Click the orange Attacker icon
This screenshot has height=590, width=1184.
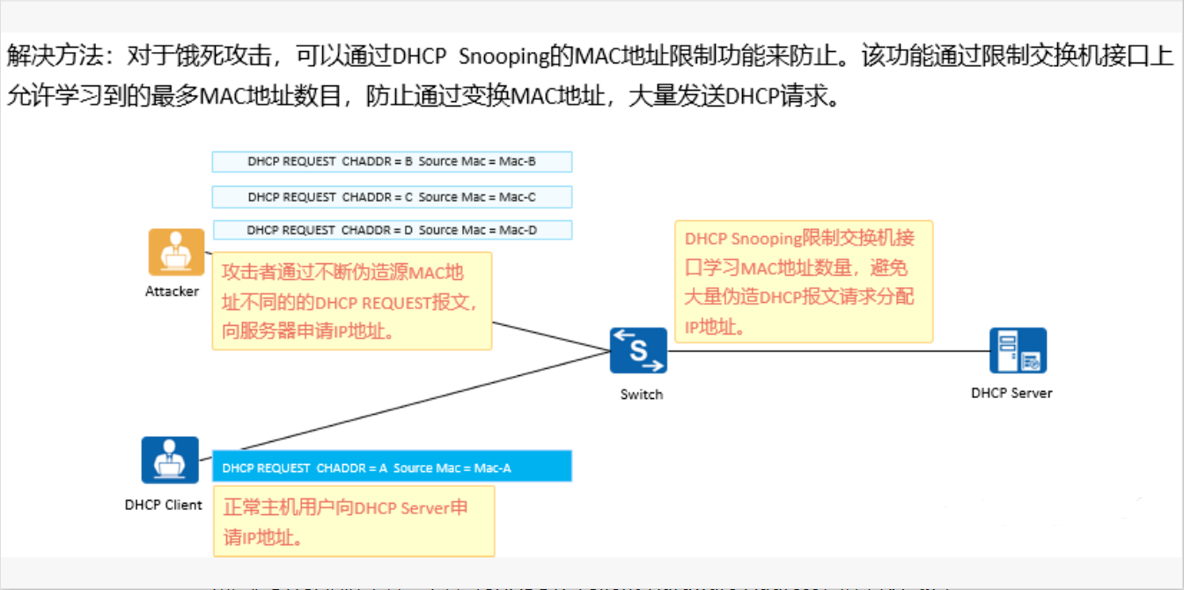coord(175,252)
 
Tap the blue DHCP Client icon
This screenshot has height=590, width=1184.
coord(170,460)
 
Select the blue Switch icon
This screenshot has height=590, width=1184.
coord(638,350)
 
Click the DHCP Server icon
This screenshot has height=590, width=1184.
coord(1018,350)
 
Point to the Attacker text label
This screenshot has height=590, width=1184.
coord(172,291)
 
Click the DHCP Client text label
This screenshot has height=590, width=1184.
coord(164,505)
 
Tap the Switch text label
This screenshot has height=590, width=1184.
coord(641,395)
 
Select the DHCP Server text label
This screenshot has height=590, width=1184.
coord(1011,393)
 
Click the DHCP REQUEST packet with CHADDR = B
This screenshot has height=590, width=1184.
coord(392,162)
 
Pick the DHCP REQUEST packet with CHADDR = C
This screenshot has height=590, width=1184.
coord(392,197)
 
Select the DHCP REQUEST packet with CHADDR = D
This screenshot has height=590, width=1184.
coord(392,230)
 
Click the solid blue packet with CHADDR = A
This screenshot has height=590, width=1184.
coord(392,468)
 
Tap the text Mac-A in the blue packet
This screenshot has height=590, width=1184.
coord(493,468)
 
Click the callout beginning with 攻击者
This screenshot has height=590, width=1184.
coord(351,302)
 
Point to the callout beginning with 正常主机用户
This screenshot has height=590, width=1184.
coord(353,521)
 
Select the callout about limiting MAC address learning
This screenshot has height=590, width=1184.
coord(804,283)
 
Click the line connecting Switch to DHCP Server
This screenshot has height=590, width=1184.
coord(827,350)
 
